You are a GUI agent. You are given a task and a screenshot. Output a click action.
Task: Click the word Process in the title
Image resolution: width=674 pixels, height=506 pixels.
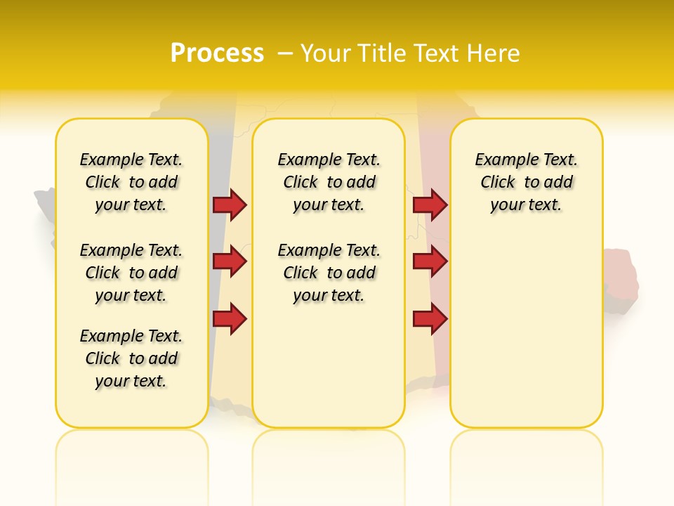[217, 53]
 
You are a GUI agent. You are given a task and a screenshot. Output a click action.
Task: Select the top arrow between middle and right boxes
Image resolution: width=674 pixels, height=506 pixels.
[429, 205]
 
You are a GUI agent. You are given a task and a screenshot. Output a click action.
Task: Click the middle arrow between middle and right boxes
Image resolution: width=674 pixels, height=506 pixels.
[429, 261]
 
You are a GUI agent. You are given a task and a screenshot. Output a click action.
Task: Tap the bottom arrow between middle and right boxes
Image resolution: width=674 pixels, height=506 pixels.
[429, 319]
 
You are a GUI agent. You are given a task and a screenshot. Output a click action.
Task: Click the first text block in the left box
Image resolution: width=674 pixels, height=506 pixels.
[131, 182]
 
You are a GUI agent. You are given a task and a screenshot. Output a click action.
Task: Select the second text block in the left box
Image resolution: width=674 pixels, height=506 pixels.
[131, 273]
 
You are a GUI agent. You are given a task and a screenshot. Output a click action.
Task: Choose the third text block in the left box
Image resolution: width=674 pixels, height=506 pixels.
[131, 358]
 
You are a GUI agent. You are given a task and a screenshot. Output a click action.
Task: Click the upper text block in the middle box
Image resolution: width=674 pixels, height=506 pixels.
[329, 182]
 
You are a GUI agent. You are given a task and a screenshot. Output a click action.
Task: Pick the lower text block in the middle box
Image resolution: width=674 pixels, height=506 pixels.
[329, 273]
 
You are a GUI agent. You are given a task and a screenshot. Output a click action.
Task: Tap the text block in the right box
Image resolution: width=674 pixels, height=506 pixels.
[526, 182]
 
